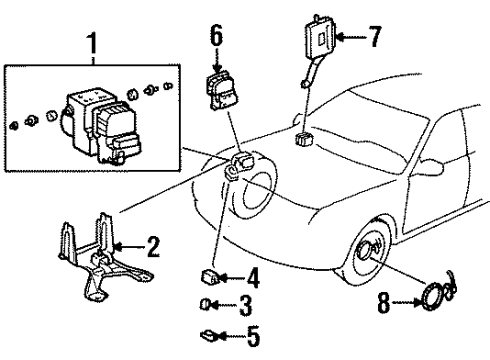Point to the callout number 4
253,278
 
